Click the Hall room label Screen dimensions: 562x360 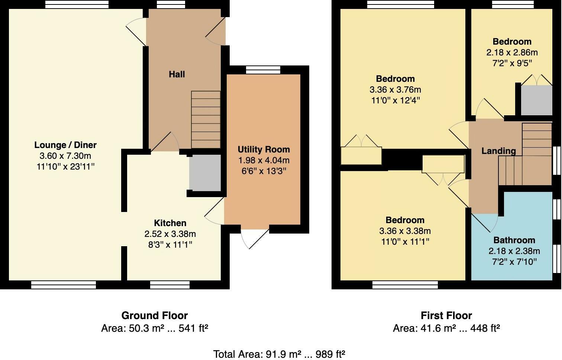177,74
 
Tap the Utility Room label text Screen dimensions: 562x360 264,150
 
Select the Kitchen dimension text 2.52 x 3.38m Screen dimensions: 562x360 170,234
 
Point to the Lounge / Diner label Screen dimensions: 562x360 65,145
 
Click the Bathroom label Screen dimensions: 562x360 514,240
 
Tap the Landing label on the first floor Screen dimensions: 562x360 498,151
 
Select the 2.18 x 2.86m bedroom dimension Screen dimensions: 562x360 512,52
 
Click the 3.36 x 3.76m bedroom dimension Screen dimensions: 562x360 395,90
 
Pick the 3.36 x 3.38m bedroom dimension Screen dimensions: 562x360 405,231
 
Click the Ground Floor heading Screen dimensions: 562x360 155,316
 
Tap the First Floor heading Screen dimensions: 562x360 446,316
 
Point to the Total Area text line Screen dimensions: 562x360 279,354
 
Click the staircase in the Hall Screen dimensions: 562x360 206,119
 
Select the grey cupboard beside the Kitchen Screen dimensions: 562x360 205,173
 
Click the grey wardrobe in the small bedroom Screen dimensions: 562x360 536,100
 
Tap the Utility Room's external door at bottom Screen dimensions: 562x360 255,238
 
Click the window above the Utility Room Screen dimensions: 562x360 263,70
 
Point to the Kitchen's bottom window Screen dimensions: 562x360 170,285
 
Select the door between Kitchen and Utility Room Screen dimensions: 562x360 214,211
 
